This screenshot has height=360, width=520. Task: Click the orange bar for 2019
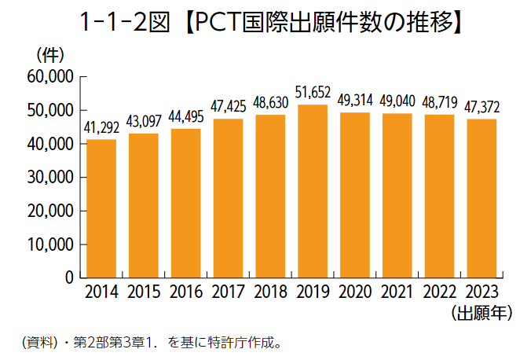[x=312, y=191]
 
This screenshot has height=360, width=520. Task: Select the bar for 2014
[x=101, y=208]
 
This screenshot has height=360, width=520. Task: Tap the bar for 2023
[x=481, y=198]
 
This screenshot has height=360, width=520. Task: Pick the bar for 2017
[x=228, y=198]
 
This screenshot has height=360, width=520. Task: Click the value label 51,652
[x=312, y=93]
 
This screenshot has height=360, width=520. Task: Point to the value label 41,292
[x=101, y=127]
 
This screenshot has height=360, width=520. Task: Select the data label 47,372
[x=481, y=107]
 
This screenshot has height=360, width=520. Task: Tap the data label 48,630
[x=270, y=103]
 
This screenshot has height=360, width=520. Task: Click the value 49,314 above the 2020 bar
[x=354, y=101]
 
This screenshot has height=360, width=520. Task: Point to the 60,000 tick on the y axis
[x=49, y=77]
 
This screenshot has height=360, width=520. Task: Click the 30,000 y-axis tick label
[x=49, y=178]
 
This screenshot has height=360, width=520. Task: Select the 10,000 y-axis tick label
[x=49, y=244]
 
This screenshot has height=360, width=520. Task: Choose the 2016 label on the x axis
[x=185, y=293]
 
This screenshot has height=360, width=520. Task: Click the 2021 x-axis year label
[x=396, y=293]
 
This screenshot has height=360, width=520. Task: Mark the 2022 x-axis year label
[x=438, y=293]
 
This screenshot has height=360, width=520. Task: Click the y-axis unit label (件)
[x=49, y=55]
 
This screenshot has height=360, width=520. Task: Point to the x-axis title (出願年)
[x=482, y=313]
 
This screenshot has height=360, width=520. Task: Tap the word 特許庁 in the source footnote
[x=221, y=343]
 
